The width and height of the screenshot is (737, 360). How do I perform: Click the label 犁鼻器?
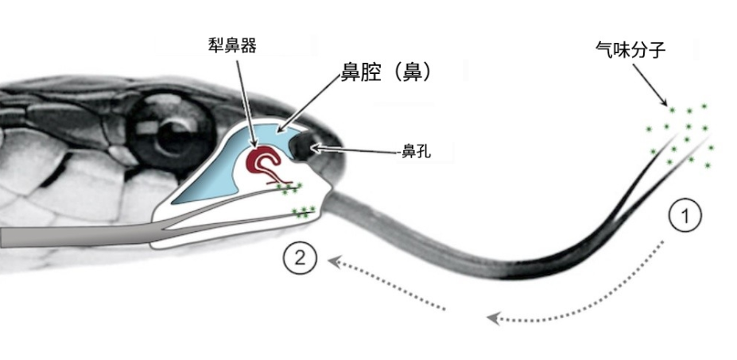232,46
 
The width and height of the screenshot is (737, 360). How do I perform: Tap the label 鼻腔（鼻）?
385,73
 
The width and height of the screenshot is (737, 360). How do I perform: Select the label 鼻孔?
416,152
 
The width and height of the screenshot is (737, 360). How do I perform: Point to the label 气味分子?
630,50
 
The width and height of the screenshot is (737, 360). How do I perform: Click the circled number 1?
685,215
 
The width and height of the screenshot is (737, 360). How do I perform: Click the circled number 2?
300,258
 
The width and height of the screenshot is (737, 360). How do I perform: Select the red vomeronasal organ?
266,165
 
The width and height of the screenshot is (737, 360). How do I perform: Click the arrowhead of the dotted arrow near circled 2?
334,261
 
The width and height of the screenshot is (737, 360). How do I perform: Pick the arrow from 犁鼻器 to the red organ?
246,103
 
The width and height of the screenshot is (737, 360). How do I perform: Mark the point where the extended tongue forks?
617,220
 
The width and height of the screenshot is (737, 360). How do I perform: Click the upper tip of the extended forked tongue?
677,134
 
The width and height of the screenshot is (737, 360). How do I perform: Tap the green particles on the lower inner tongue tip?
304,212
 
